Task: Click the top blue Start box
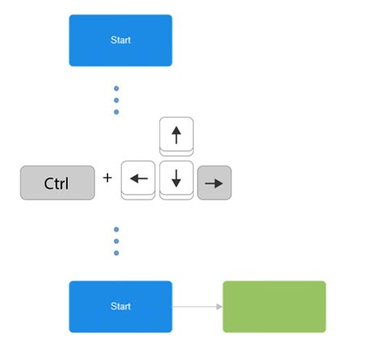tap(120, 40)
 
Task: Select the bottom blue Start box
tap(120, 307)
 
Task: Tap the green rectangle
tap(274, 307)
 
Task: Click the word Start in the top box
tap(120, 40)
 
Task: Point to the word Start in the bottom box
tap(120, 307)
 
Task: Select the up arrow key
tap(176, 135)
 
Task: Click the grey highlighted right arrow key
tap(214, 182)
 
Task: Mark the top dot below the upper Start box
tap(116, 89)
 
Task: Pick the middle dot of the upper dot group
tap(116, 100)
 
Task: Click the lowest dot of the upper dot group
tap(116, 111)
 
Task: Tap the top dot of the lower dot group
tap(116, 229)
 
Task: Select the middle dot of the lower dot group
tap(116, 241)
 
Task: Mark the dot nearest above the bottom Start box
tap(116, 253)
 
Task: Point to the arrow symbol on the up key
tap(176, 132)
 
